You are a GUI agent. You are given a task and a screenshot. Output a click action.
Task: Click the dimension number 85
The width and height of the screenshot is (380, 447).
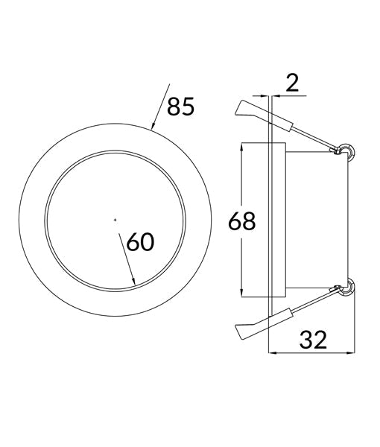[x=180, y=107]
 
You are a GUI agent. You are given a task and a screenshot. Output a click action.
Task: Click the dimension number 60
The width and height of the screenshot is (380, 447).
[x=142, y=242]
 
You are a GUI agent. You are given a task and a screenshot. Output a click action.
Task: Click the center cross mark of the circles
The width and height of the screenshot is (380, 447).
[x=115, y=219]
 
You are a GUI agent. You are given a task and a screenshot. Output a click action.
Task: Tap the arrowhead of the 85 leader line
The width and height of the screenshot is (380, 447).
[x=153, y=127]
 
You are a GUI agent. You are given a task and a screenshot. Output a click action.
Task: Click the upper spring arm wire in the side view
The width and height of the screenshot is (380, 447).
[x=313, y=136]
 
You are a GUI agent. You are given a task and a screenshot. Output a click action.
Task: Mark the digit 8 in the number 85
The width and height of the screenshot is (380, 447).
[x=173, y=107]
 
